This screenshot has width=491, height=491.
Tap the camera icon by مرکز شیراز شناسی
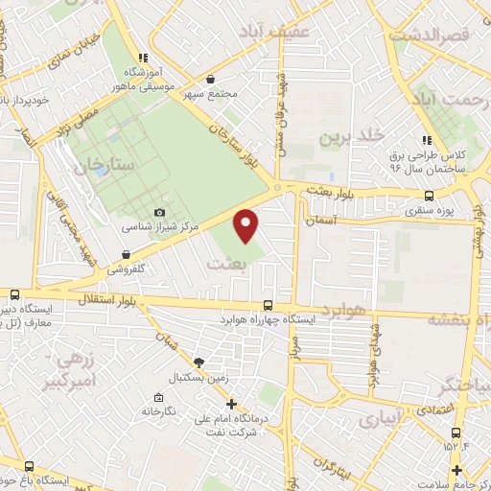pyautogui.click(x=159, y=212)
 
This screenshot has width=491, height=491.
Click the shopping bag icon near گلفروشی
pyautogui.click(x=126, y=255)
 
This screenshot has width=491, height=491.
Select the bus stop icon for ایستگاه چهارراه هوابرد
pyautogui.click(x=279, y=306)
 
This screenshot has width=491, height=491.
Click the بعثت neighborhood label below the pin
pyautogui.click(x=228, y=261)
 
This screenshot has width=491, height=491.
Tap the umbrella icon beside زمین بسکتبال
pyautogui.click(x=199, y=362)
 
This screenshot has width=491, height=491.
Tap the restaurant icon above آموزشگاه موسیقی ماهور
pyautogui.click(x=144, y=57)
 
